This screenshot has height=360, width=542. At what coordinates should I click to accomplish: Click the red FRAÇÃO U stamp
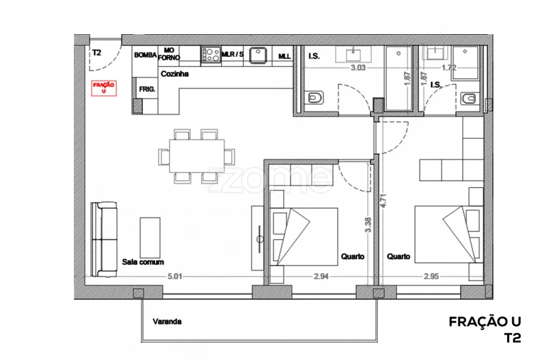104,88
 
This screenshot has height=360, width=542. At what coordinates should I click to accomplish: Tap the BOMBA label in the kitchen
144,55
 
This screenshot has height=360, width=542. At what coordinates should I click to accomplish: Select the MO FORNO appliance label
169,55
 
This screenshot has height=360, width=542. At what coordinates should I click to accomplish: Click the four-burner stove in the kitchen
210,54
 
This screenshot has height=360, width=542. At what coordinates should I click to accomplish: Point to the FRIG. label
147,89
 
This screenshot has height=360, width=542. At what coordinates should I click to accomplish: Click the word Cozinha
174,73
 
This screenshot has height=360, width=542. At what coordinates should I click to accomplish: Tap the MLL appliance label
284,56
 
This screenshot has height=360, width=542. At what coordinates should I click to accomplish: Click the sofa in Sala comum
105,239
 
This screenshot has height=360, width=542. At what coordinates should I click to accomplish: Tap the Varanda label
167,322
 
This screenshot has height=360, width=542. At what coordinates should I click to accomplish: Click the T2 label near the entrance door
96,52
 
